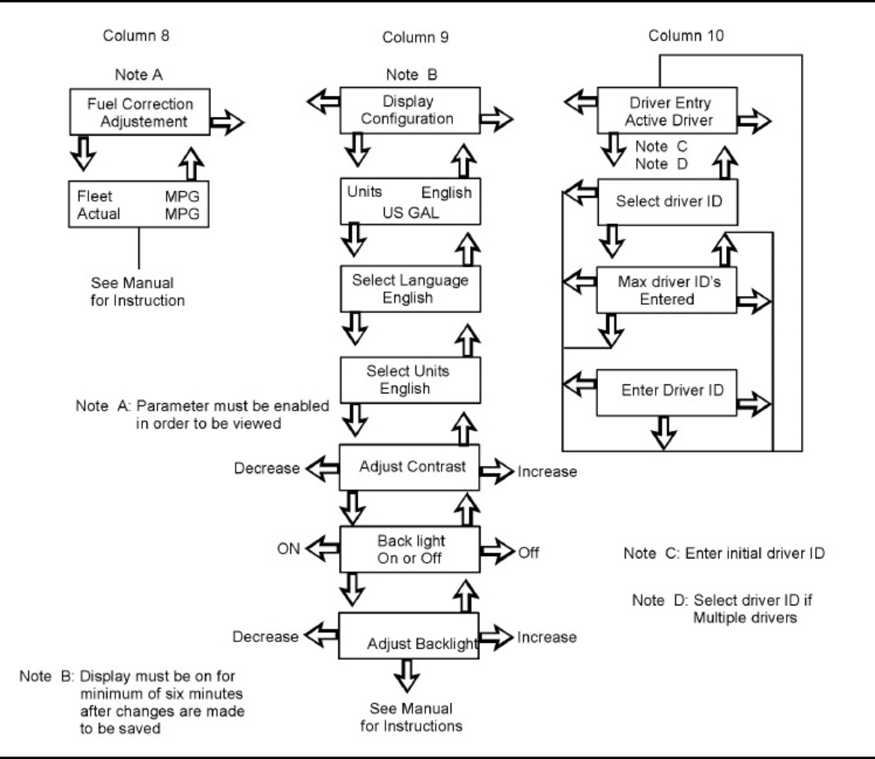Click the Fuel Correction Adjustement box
coord(139,112)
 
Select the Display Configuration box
coord(410,110)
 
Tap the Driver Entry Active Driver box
coord(668,110)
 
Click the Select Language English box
coord(410,288)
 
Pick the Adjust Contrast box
coord(409,468)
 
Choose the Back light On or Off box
coord(409,549)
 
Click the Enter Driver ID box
coord(667,392)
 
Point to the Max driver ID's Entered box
coord(667,290)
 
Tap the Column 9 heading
coord(415,37)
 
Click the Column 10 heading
coord(686,36)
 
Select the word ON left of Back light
coord(288,549)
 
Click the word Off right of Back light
coord(528,553)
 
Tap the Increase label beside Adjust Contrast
coord(547,472)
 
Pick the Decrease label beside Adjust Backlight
coord(266,637)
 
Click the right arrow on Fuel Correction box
coord(227,121)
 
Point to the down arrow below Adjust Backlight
coord(406,676)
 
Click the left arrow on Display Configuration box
coord(323,102)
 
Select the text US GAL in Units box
coord(411,213)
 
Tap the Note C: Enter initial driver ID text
coord(724,554)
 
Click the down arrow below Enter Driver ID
coord(663,433)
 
